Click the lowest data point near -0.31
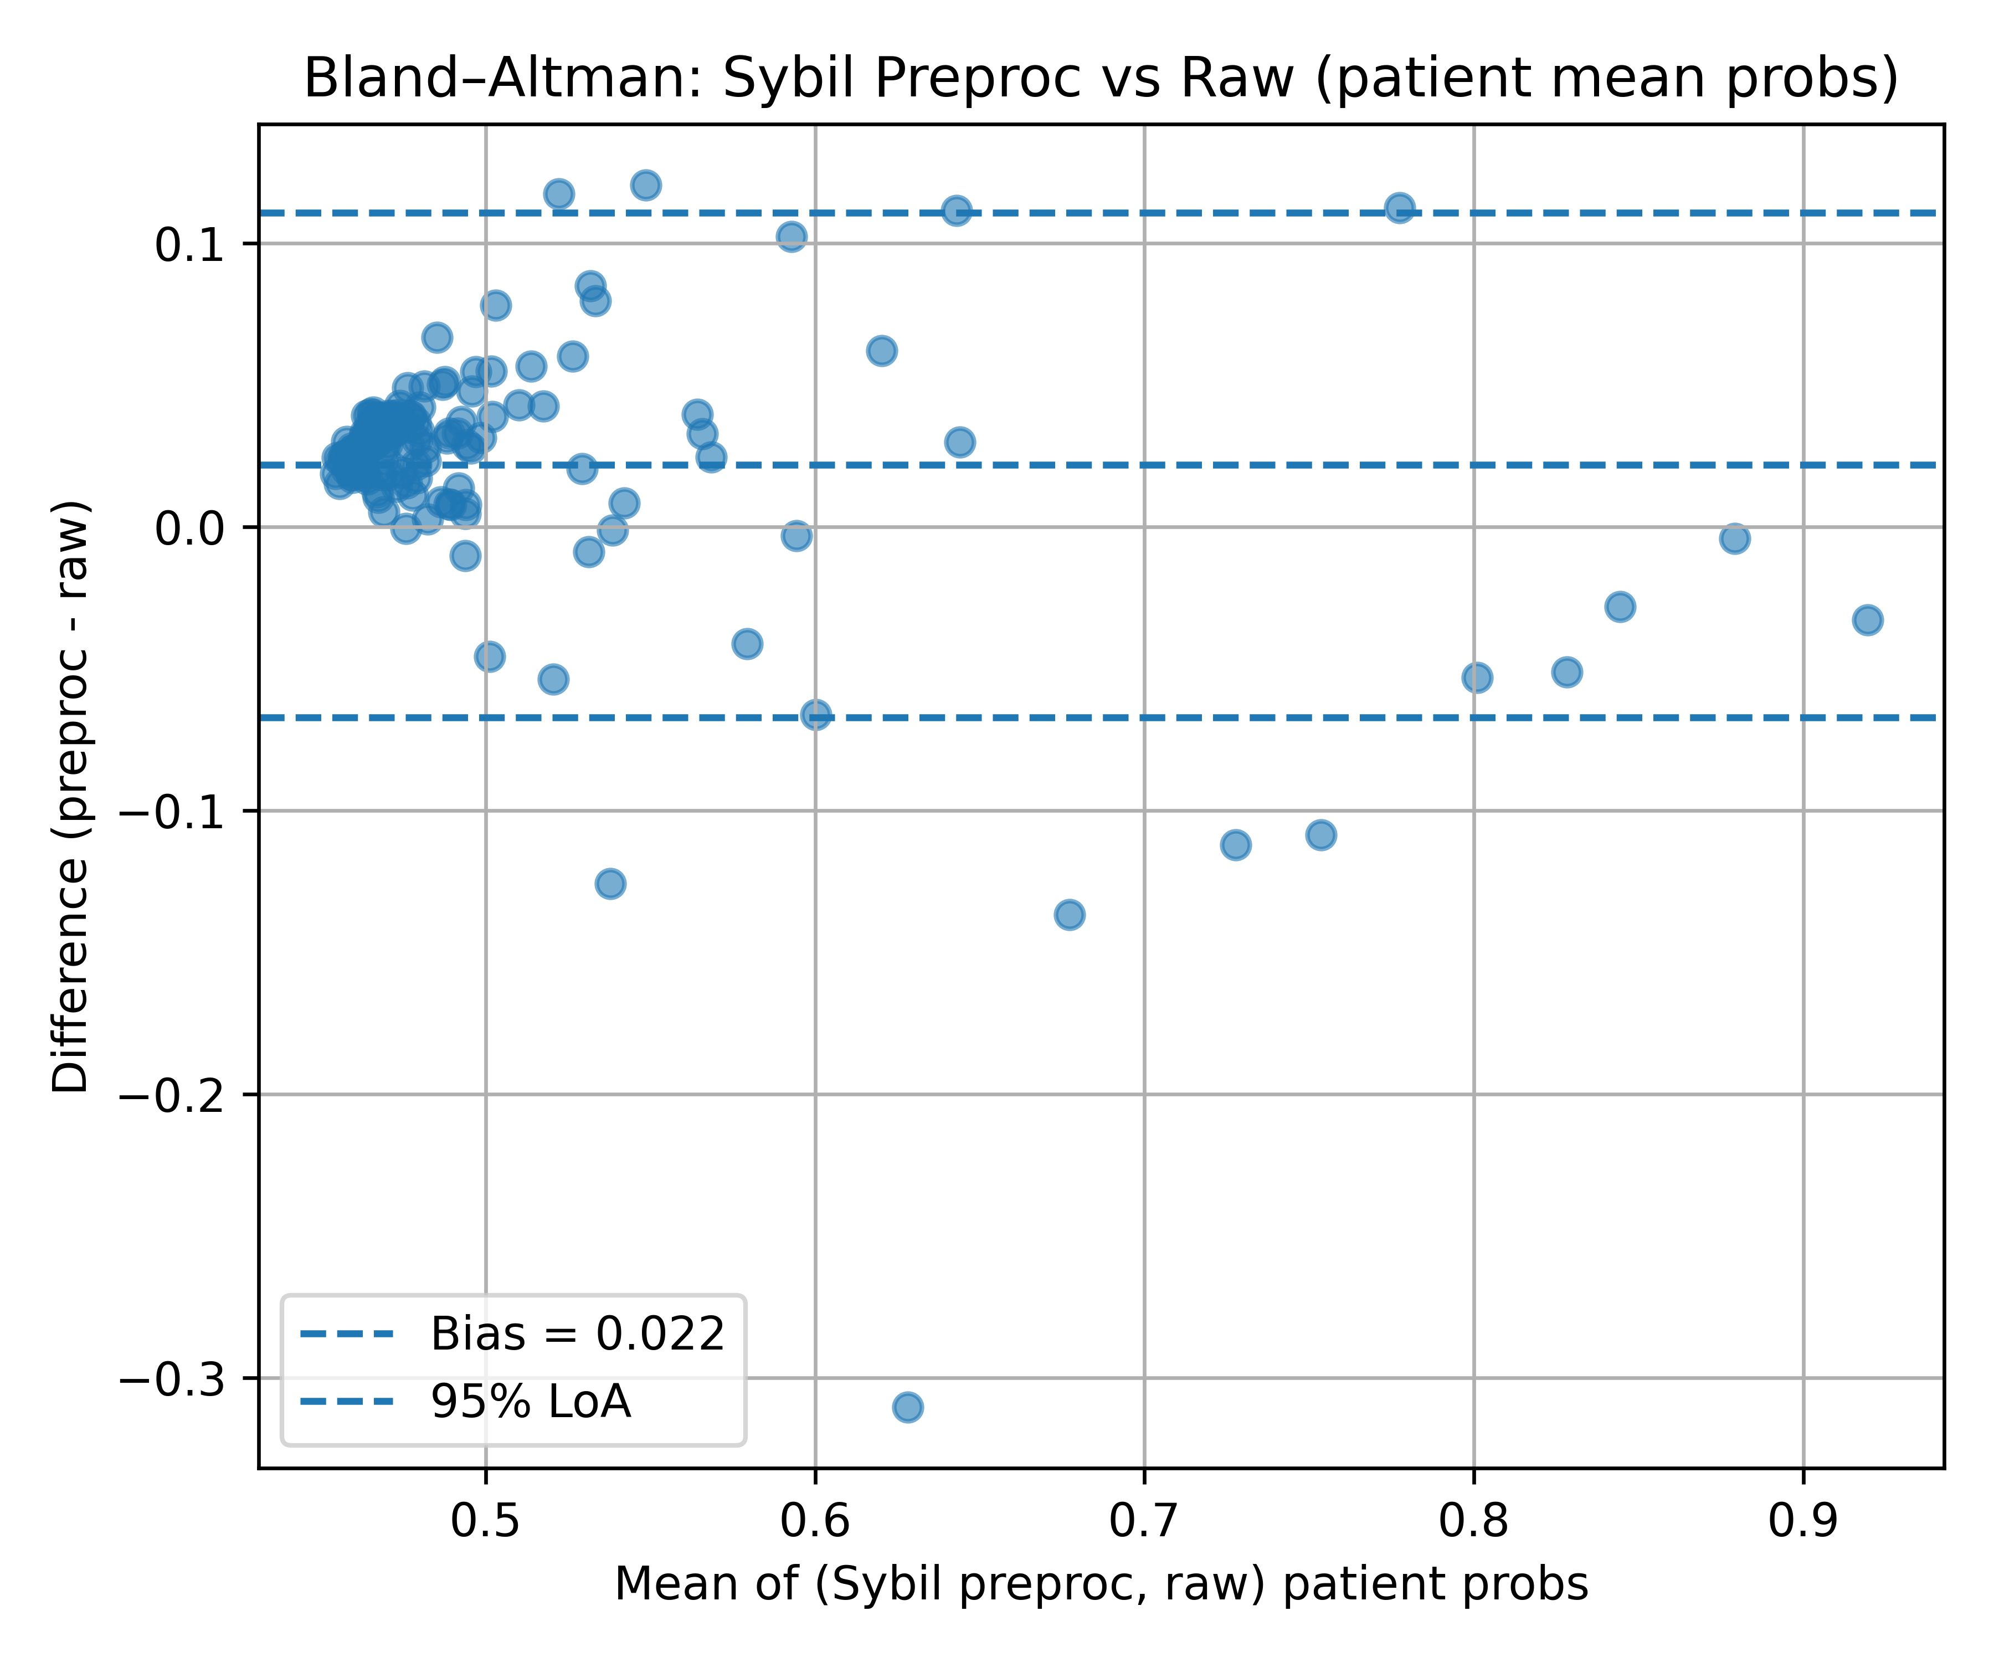coord(908,1407)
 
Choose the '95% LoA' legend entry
coord(530,1401)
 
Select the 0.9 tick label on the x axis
coord(1802,1521)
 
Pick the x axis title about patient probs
coord(1102,1584)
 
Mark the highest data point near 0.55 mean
coord(646,185)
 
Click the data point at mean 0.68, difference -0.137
coord(1069,915)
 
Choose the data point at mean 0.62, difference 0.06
coord(881,351)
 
